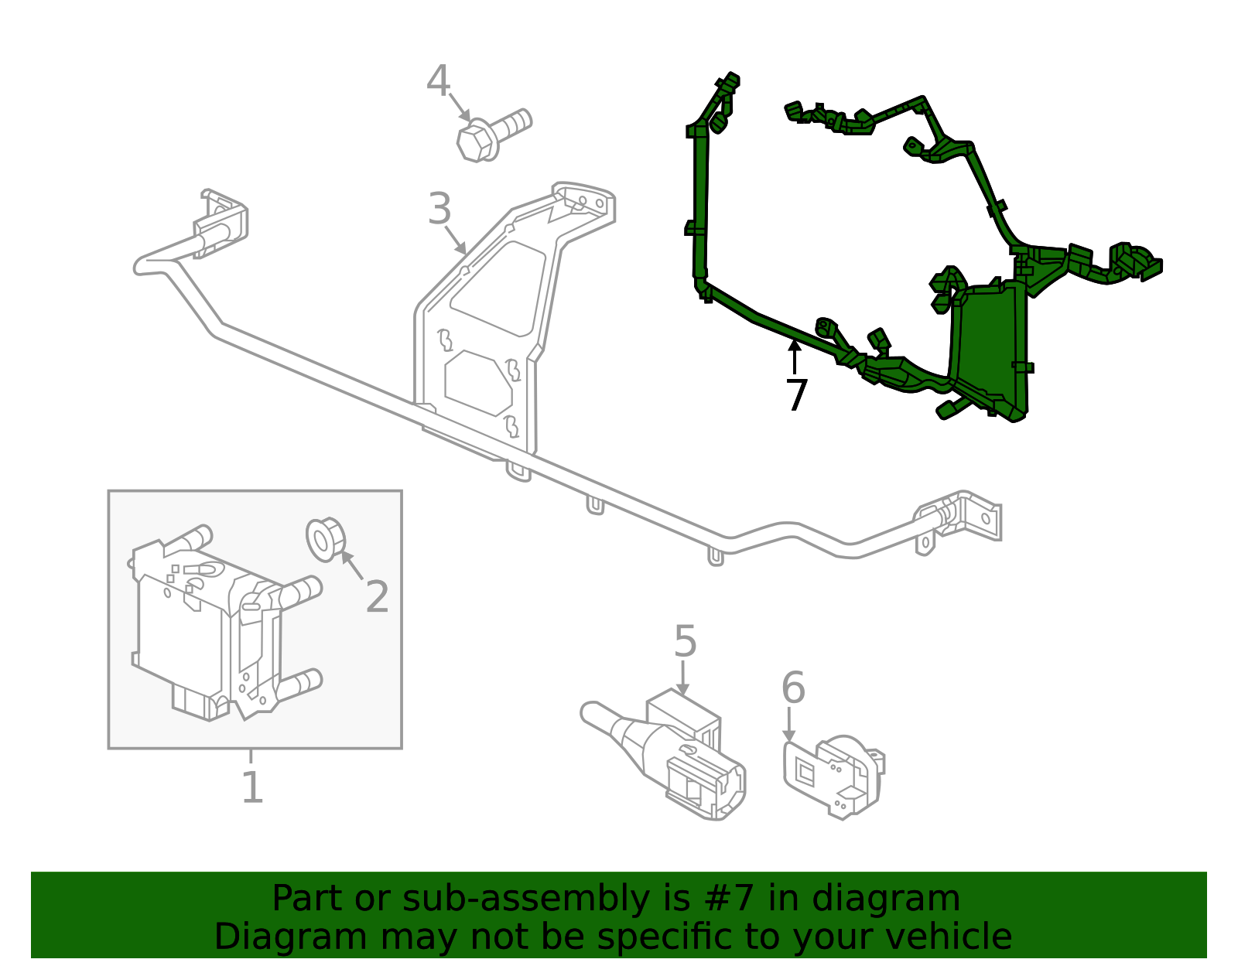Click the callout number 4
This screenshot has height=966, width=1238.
[x=438, y=81]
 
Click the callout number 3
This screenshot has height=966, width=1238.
[x=439, y=209]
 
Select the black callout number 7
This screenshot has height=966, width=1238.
[x=796, y=395]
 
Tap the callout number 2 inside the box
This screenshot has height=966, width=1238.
[x=377, y=597]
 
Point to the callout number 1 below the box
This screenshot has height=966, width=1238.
[x=252, y=787]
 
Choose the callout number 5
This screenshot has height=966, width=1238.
[x=685, y=642]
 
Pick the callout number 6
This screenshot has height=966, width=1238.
[x=793, y=688]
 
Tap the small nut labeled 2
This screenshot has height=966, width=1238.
[x=324, y=539]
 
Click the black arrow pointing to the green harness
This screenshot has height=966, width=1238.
[x=794, y=357]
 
